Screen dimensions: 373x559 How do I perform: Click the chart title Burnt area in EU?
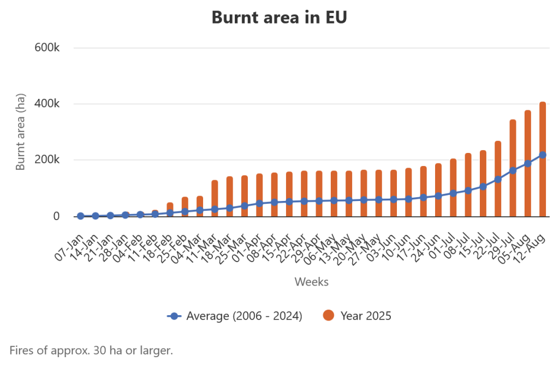tap(279, 17)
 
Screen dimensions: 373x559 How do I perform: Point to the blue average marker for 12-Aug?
tap(543, 155)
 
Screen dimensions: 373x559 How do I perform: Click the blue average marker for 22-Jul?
tap(498, 179)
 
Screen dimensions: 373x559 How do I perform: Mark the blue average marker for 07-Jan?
tap(81, 216)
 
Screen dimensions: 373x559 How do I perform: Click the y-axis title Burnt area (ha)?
tap(21, 132)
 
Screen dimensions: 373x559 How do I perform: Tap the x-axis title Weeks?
tap(311, 282)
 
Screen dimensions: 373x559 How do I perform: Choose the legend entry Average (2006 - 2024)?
tap(235, 316)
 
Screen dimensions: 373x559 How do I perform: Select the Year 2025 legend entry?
tap(358, 316)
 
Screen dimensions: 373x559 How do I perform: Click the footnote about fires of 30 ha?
tap(91, 350)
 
